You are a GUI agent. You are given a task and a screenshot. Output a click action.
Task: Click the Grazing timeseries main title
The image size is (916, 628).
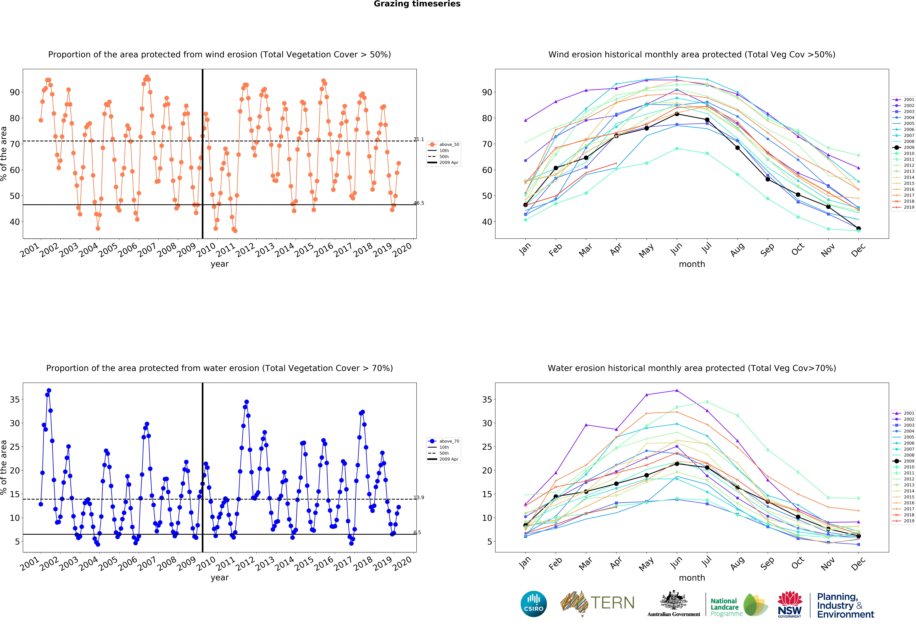click(x=417, y=4)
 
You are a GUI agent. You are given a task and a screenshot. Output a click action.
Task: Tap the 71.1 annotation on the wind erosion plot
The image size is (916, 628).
click(x=419, y=140)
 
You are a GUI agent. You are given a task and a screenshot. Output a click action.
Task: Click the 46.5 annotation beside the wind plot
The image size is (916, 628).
click(x=419, y=203)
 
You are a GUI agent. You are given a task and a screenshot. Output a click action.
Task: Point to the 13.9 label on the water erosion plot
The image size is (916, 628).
click(x=419, y=498)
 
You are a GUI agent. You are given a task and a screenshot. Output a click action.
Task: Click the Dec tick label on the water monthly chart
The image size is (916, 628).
click(x=858, y=564)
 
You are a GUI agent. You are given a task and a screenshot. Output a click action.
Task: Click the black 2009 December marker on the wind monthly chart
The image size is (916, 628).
click(x=858, y=229)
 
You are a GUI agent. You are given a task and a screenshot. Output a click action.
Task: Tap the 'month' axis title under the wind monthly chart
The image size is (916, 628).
click(x=692, y=264)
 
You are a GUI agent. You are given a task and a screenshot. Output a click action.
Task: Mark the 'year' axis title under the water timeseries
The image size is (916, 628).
click(x=220, y=578)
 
